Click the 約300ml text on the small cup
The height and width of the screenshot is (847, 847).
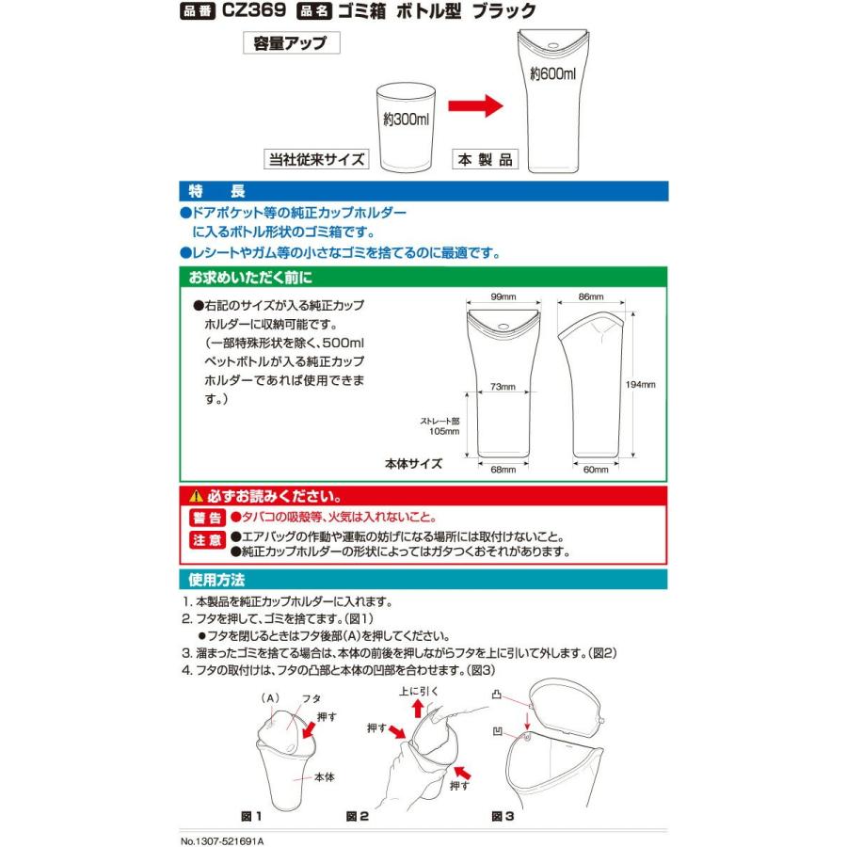point(406,120)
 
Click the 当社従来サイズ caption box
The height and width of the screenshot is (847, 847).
point(315,158)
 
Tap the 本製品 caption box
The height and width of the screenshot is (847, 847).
point(486,158)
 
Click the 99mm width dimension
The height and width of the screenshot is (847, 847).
point(503,296)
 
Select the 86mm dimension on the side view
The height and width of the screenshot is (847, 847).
point(590,296)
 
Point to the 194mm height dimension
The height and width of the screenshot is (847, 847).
point(641,385)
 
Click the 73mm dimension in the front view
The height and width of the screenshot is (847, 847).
point(503,387)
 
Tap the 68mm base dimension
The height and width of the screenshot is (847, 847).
point(503,469)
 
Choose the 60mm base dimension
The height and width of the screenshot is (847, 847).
point(596,469)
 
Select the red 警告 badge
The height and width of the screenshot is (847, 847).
point(206,518)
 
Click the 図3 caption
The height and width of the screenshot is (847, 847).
point(503,817)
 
